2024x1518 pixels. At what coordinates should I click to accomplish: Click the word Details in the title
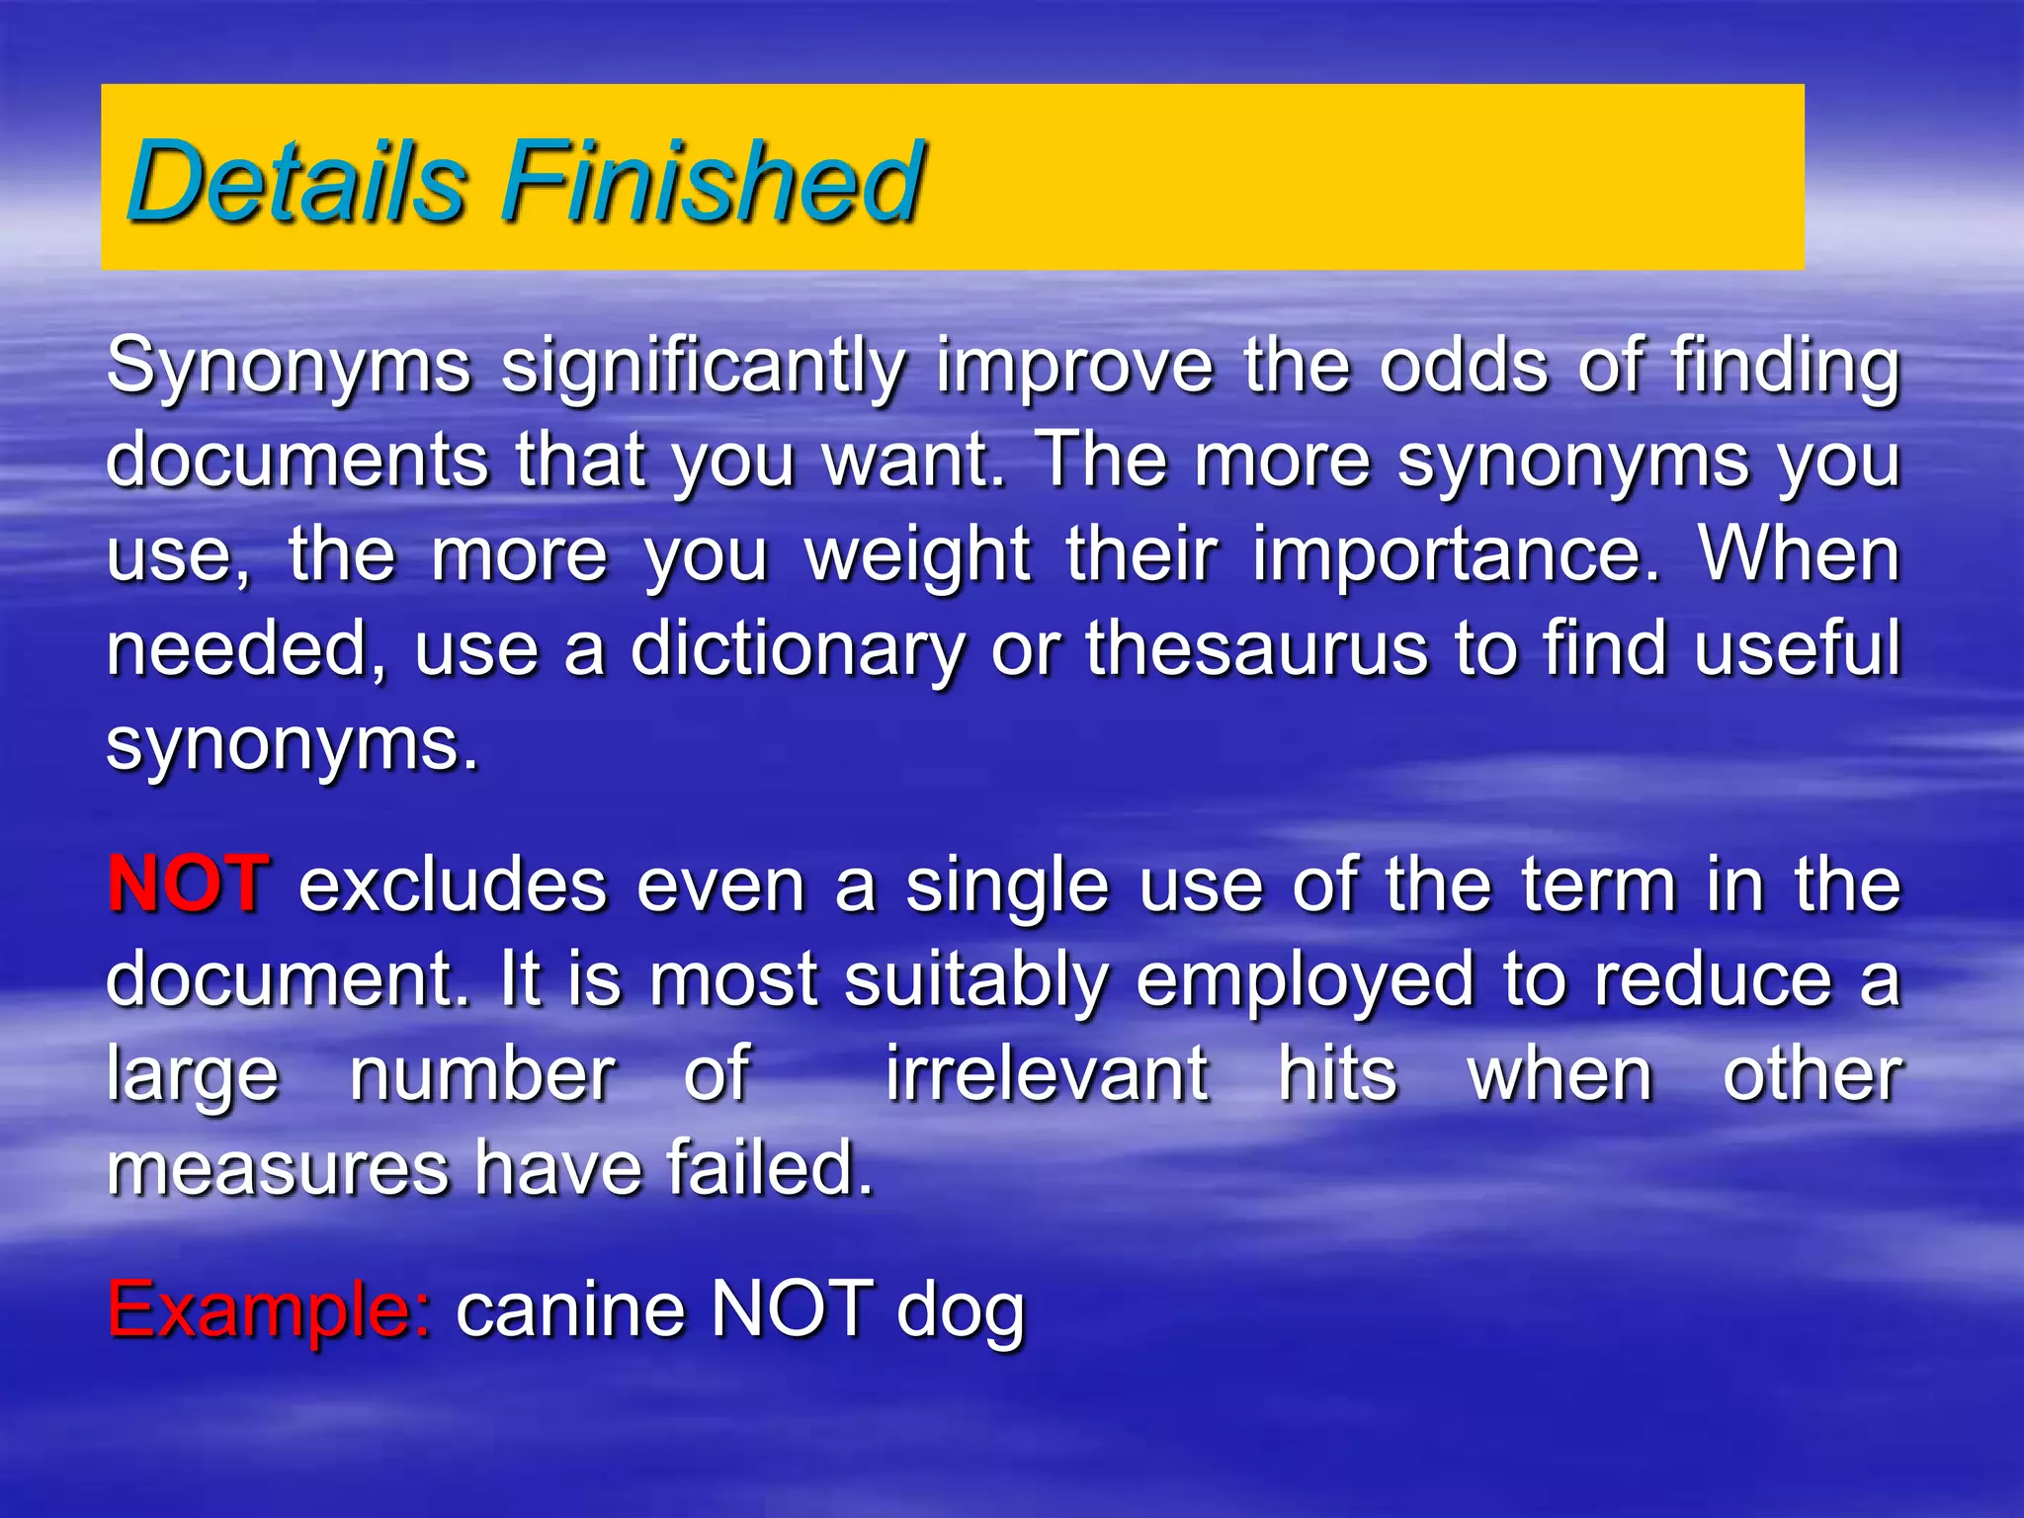pyautogui.click(x=296, y=182)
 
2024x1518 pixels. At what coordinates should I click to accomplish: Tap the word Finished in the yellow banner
pyautogui.click(x=714, y=182)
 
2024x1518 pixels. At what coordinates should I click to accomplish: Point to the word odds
pyautogui.click(x=1464, y=366)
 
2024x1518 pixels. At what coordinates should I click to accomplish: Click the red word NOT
pyautogui.click(x=188, y=884)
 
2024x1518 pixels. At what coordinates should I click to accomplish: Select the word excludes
pyautogui.click(x=453, y=885)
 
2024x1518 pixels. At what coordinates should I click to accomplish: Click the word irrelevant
pyautogui.click(x=1046, y=1074)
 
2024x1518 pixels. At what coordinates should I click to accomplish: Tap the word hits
pyautogui.click(x=1337, y=1074)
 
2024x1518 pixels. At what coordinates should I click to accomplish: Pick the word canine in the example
pyautogui.click(x=570, y=1309)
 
